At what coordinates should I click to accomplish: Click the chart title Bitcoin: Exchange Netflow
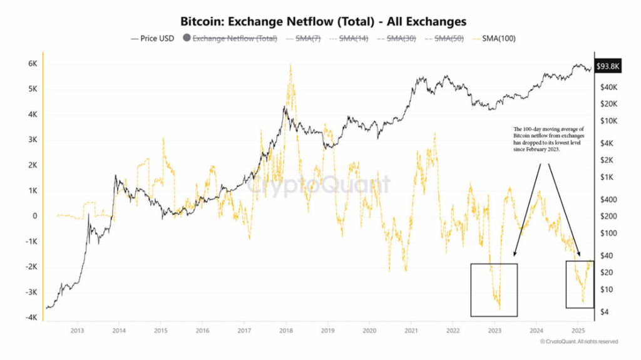[x=324, y=21]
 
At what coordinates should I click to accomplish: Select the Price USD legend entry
[x=153, y=39]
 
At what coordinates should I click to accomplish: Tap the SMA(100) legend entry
[x=495, y=39]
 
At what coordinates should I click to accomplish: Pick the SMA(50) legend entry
[x=445, y=39]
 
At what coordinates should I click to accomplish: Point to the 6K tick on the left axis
[x=31, y=64]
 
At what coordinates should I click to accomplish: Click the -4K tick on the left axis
[x=29, y=317]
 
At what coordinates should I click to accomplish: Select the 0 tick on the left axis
[x=34, y=216]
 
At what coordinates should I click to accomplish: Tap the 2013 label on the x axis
[x=77, y=331]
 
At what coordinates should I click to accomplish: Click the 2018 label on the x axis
[x=286, y=331]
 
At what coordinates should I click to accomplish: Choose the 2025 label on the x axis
[x=579, y=331]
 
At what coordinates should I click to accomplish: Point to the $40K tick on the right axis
[x=605, y=86]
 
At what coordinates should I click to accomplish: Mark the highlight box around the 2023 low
[x=494, y=265]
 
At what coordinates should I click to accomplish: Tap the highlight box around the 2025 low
[x=580, y=261]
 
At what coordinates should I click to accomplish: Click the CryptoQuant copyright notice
[x=579, y=342]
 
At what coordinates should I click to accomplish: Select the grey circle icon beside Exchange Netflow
[x=186, y=39]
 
